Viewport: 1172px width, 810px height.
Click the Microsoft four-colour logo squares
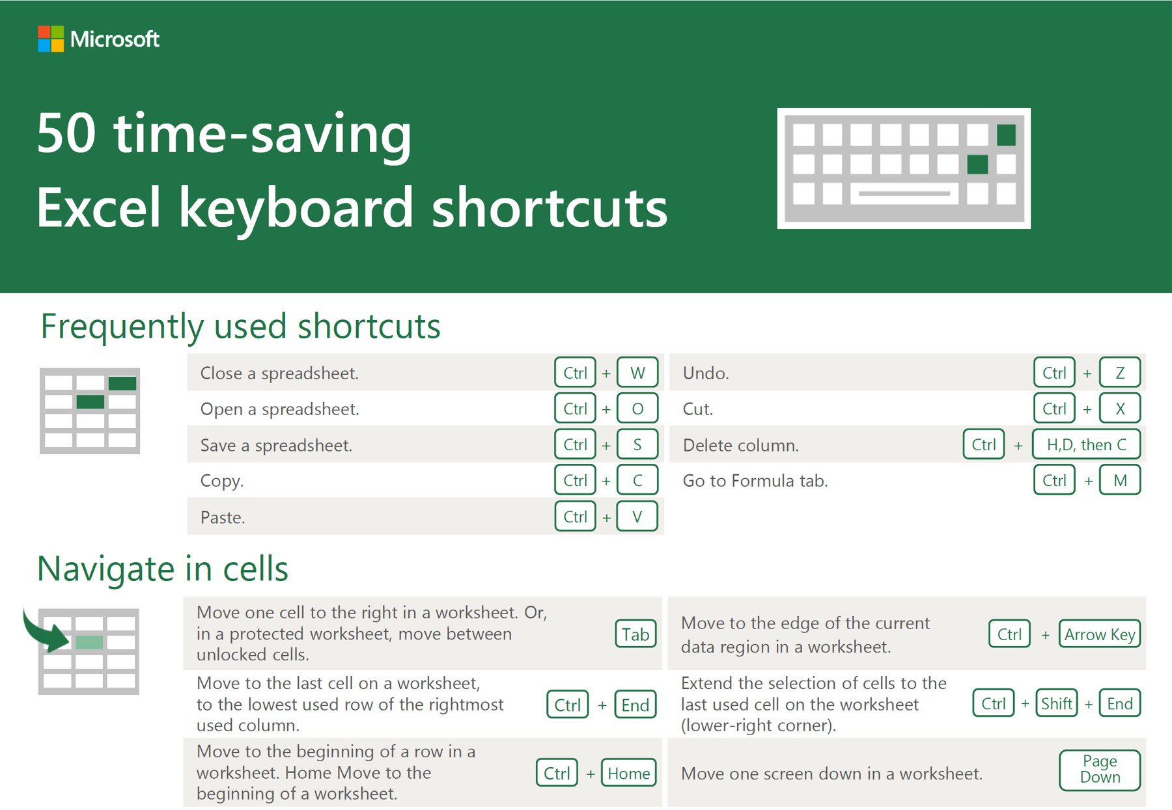[x=51, y=39]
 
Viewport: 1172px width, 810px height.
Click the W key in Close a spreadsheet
[x=637, y=373]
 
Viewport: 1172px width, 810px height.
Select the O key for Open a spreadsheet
[x=637, y=409]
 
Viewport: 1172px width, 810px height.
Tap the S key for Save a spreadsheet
[x=637, y=444]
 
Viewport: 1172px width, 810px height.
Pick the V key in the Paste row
[x=637, y=517]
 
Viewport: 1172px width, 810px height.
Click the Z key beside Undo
[x=1120, y=373]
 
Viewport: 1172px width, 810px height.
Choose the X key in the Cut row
[x=1120, y=409]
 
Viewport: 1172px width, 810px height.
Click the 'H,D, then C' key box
[x=1086, y=444]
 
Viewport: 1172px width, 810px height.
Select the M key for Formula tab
[x=1120, y=480]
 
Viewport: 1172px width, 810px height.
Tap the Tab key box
[x=635, y=634]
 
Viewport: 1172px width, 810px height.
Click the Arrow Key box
[x=1100, y=634]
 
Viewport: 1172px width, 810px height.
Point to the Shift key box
[x=1056, y=703]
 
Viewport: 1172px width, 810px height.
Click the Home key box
[x=628, y=773]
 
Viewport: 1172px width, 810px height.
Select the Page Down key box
[x=1100, y=770]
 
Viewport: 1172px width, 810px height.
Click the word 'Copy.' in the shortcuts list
[x=222, y=481]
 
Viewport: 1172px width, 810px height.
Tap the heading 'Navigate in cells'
[x=163, y=569]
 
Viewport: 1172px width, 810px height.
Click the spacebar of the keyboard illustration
[x=904, y=193]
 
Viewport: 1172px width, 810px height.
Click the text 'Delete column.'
[x=740, y=446]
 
